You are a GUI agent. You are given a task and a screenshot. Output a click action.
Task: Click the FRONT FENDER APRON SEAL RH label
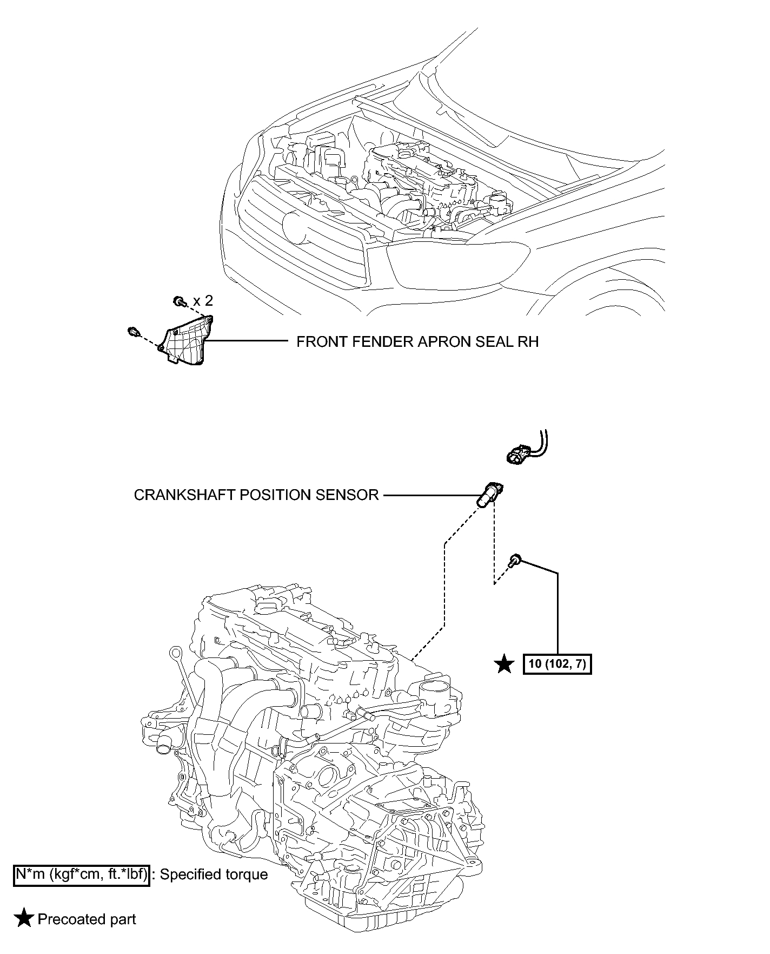417,342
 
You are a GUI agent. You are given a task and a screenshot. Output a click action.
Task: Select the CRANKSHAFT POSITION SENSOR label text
256,495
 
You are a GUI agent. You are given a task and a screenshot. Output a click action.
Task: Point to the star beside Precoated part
24,919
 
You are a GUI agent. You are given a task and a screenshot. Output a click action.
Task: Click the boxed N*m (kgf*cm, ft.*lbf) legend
81,874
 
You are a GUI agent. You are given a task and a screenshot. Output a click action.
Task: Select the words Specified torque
214,875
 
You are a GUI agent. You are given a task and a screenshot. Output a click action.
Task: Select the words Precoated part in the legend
87,919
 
